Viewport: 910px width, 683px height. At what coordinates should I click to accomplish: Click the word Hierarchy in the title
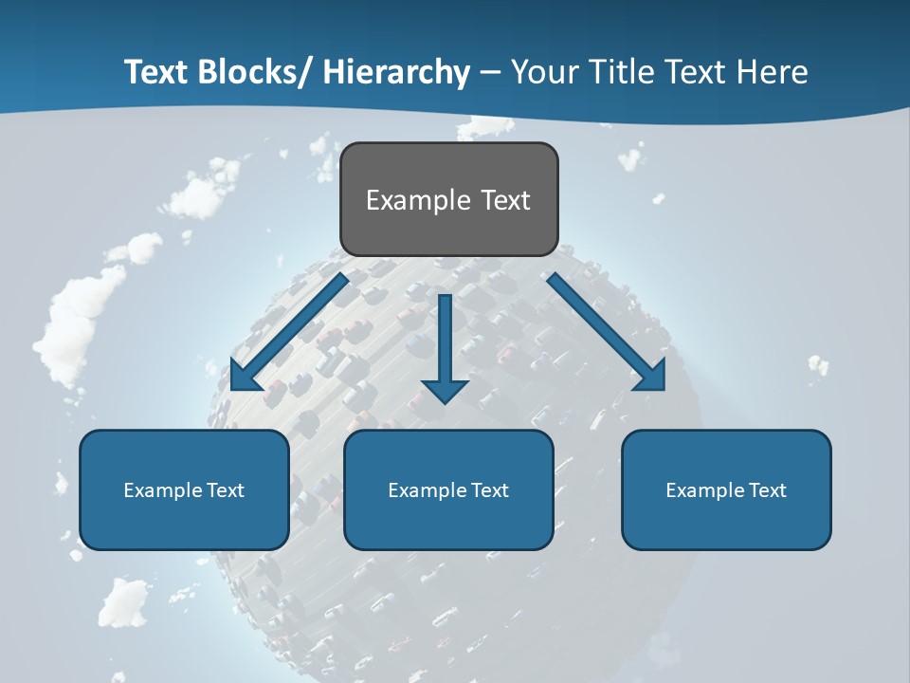(396, 72)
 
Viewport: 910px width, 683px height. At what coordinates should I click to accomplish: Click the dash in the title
(490, 72)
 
